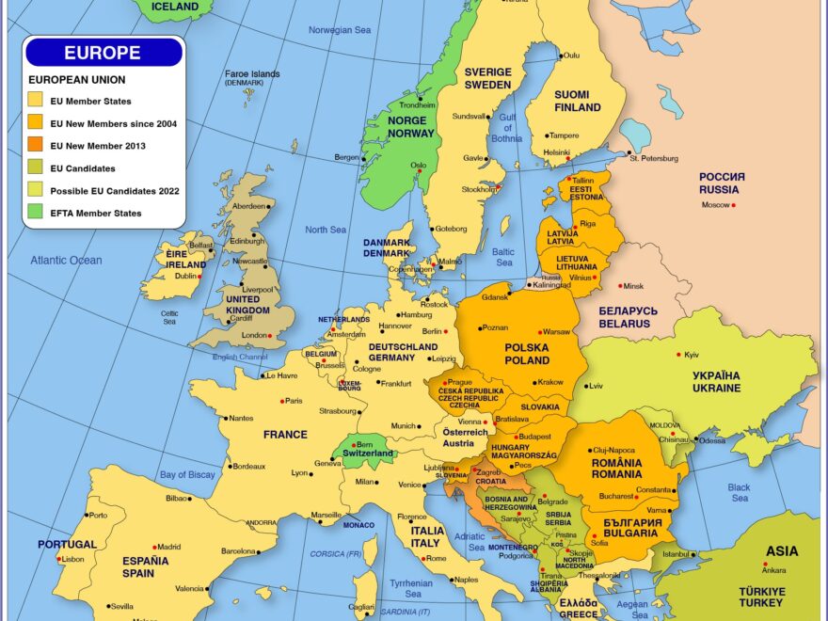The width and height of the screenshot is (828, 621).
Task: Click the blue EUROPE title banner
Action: coord(103,53)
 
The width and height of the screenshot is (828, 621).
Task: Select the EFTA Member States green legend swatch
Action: coord(35,214)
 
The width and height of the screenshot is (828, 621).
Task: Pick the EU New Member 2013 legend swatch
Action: coord(35,146)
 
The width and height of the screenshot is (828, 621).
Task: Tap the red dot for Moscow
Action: coord(734,205)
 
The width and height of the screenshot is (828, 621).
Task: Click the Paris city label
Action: coord(295,401)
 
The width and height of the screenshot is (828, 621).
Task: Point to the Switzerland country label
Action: coord(367,454)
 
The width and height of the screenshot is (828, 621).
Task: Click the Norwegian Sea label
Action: coord(340,30)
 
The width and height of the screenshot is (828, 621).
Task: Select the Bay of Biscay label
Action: coord(187,474)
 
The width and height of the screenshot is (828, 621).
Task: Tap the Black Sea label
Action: coord(739,493)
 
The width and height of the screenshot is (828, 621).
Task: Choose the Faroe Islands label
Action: coord(251,74)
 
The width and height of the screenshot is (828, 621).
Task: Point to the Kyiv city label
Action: coord(692,355)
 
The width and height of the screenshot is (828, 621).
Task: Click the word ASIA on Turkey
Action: coord(782,551)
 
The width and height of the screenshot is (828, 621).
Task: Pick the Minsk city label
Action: coord(633,286)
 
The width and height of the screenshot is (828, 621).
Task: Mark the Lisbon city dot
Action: coord(60,559)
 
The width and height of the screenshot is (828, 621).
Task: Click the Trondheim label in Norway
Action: coord(417,105)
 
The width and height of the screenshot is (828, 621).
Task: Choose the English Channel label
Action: coord(239,357)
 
